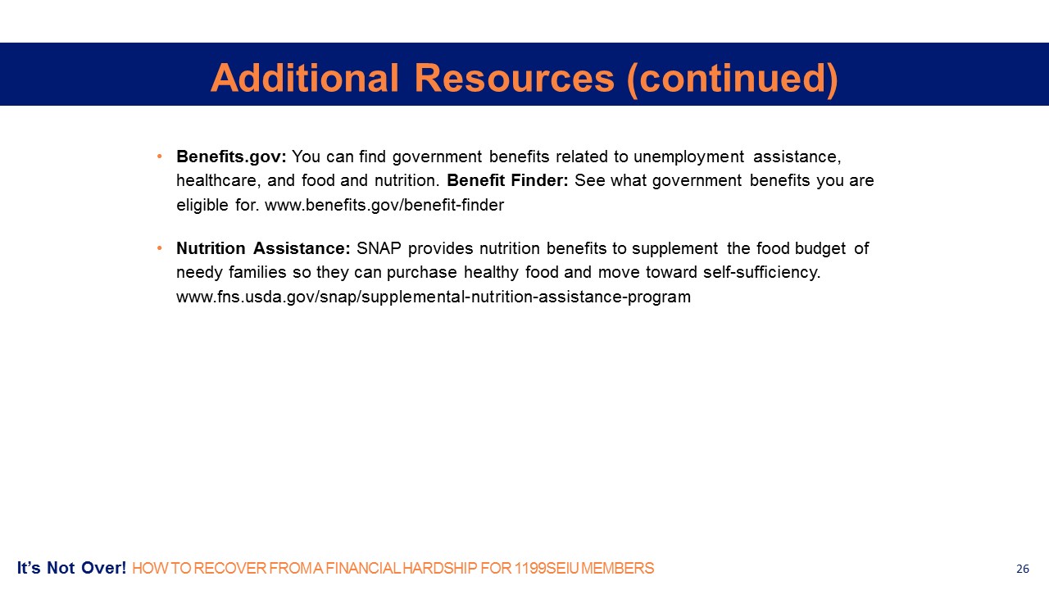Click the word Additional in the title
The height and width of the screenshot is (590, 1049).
[x=304, y=78]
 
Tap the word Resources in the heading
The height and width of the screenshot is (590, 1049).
[x=514, y=78]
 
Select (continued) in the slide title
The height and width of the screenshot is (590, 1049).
[x=733, y=79]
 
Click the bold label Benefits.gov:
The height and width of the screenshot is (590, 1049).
[x=231, y=157]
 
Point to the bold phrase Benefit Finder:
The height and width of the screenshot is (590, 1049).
[x=507, y=180]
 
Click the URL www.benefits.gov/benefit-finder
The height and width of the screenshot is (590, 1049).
[x=384, y=205]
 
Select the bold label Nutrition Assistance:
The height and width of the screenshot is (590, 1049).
[x=263, y=248]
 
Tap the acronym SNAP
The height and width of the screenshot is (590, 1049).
[x=379, y=248]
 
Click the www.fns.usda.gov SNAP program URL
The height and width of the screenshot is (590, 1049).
[x=434, y=297]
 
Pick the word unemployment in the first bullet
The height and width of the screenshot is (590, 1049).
[x=688, y=157]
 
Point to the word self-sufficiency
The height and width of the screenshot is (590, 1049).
[x=762, y=273]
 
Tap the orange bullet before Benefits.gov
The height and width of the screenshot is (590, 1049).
[x=160, y=156]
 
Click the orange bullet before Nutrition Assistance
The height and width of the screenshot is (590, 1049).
[x=160, y=247]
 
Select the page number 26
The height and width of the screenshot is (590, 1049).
[x=1022, y=569]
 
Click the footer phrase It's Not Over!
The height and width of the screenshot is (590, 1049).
[x=71, y=568]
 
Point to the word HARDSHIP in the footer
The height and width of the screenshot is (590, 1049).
[x=440, y=569]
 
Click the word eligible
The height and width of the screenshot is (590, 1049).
[x=202, y=205]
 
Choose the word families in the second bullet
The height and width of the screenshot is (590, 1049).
[x=257, y=273]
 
